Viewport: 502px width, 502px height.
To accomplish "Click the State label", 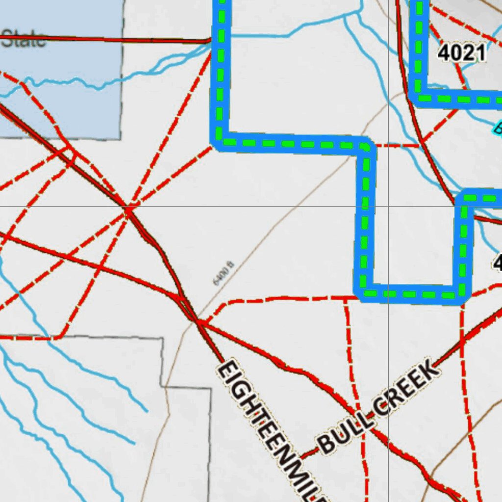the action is point(24,39).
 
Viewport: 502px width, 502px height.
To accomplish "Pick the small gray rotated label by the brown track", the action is point(224,274).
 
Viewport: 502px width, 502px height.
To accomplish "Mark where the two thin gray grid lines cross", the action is point(388,206).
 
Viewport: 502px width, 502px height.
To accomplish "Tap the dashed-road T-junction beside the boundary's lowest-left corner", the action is point(345,297).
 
